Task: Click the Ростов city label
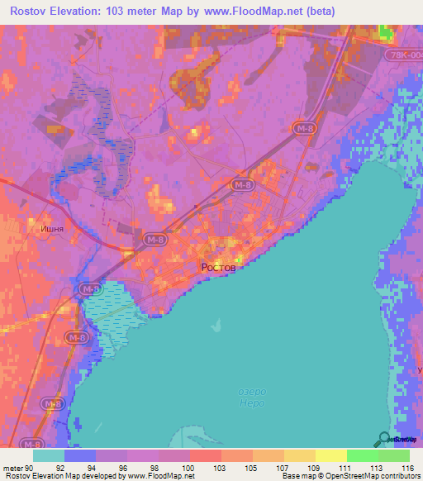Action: (218, 268)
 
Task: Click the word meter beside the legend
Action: (12, 467)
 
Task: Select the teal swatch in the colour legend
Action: (49, 455)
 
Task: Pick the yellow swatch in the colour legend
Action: (330, 455)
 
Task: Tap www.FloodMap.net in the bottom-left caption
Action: (161, 476)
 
